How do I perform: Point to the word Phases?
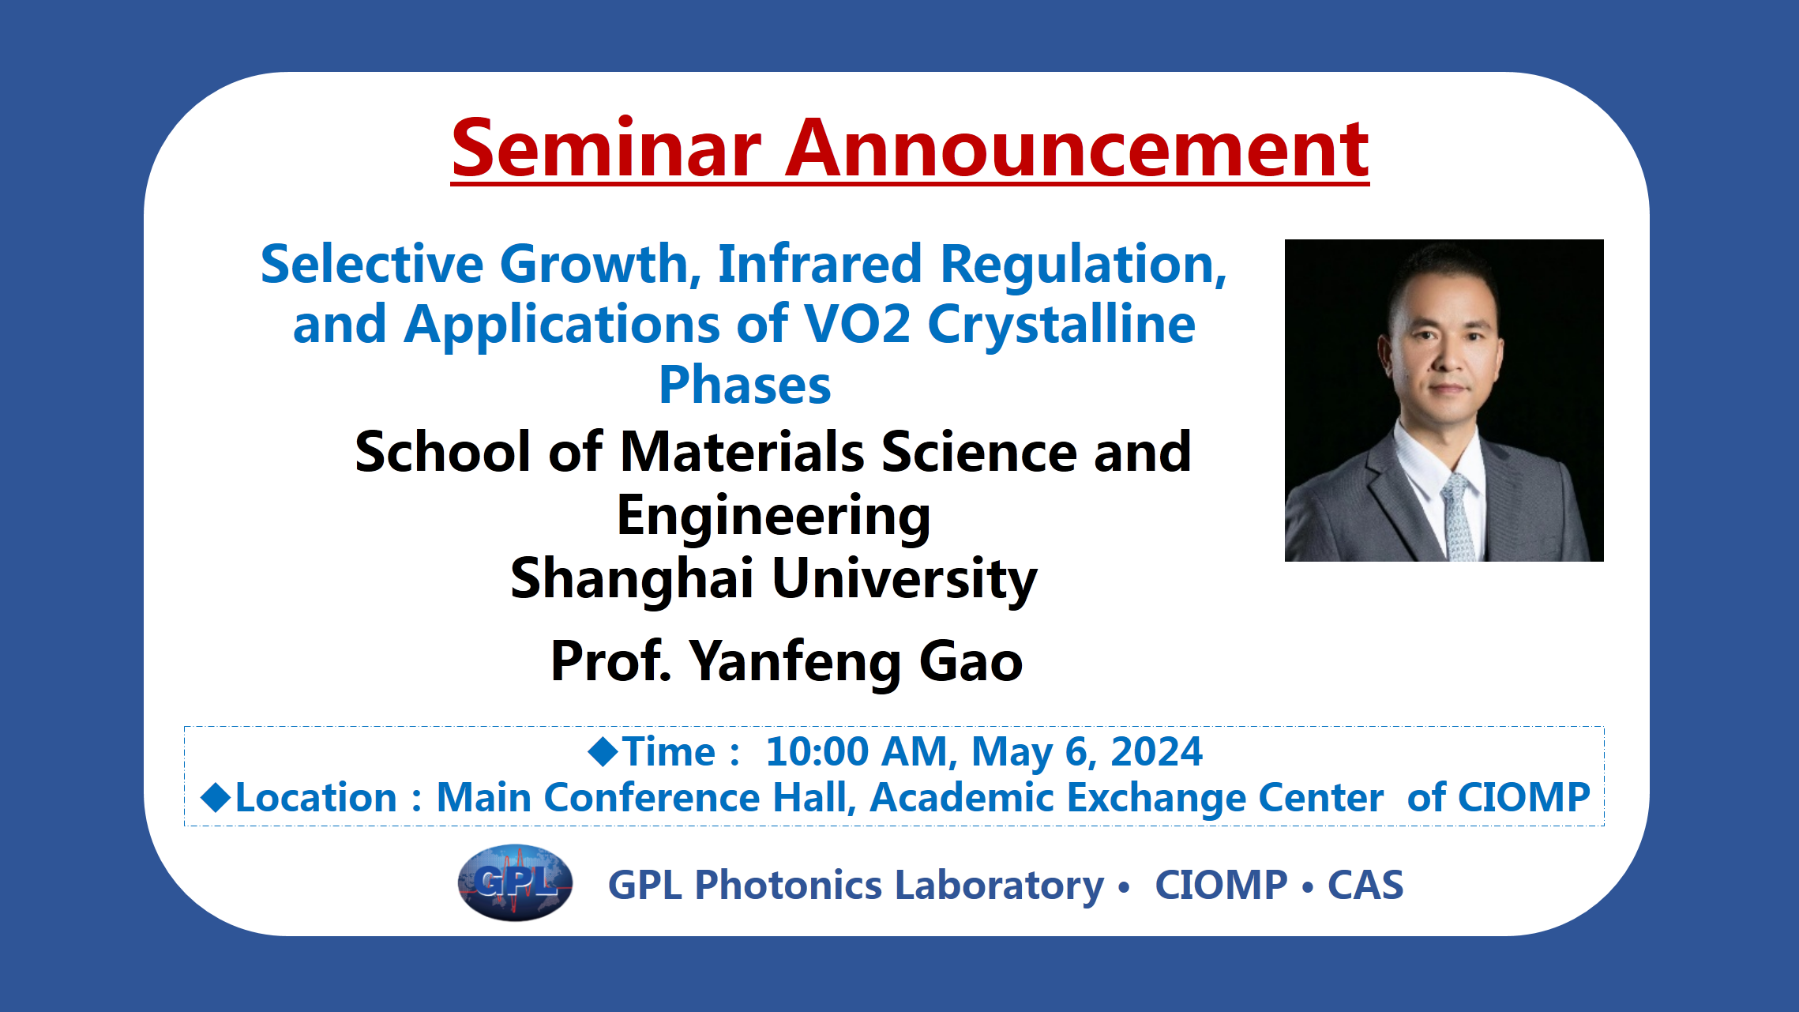pyautogui.click(x=746, y=386)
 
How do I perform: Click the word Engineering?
pyautogui.click(x=774, y=517)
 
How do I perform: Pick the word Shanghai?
pyautogui.click(x=632, y=577)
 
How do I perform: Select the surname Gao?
pyautogui.click(x=971, y=661)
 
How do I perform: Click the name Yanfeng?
pyautogui.click(x=795, y=663)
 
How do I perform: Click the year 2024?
pyautogui.click(x=1156, y=751)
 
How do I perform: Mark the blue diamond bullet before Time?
pyautogui.click(x=603, y=751)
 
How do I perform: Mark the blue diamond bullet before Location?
pyautogui.click(x=216, y=797)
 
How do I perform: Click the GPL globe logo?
pyautogui.click(x=515, y=882)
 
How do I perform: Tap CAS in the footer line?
pyautogui.click(x=1365, y=885)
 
